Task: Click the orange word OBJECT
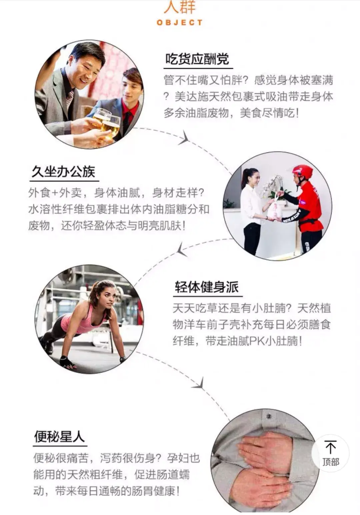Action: [180, 23]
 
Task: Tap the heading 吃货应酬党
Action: [197, 59]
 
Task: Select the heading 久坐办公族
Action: [63, 172]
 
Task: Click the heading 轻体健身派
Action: [207, 287]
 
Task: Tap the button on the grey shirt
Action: [268, 416]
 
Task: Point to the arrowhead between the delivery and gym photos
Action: [182, 249]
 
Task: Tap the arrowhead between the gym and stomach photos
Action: [199, 383]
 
